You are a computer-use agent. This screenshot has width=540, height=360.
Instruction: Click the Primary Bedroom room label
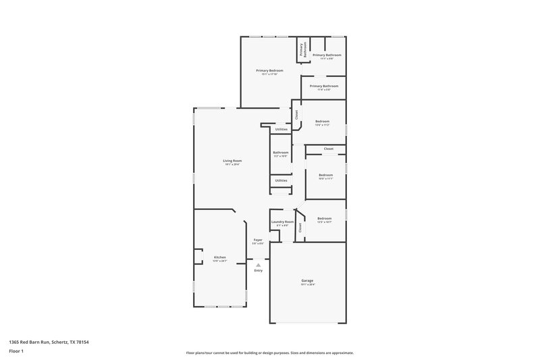tap(269, 71)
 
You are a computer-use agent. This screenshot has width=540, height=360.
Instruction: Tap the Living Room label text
tap(232, 160)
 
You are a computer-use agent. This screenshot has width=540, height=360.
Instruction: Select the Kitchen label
tap(220, 257)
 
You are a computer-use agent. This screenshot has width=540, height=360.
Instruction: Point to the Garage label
tap(307, 280)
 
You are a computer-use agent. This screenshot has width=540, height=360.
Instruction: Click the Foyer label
tap(258, 240)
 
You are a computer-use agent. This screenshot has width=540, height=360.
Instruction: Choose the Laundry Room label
tap(282, 222)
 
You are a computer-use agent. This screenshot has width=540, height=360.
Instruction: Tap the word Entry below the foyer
tap(258, 271)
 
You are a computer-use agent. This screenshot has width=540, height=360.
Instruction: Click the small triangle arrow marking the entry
tap(258, 265)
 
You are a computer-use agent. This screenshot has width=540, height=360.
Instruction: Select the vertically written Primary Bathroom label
tap(304, 49)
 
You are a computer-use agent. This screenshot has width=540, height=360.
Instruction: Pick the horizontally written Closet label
tap(328, 149)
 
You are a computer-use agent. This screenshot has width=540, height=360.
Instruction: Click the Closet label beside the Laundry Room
tap(300, 228)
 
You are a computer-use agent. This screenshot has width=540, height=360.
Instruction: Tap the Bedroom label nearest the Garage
tap(325, 218)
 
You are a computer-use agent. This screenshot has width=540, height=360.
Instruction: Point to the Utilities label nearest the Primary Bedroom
tap(281, 129)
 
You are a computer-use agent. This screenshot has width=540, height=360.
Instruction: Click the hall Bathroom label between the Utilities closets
tap(281, 153)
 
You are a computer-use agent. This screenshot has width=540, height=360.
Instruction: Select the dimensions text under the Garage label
tap(307, 284)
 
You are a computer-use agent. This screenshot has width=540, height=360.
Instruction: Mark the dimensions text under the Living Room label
tap(232, 164)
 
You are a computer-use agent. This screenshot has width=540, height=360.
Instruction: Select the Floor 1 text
tap(16, 352)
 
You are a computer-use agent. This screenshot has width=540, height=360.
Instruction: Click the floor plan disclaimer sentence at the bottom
tap(269, 353)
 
